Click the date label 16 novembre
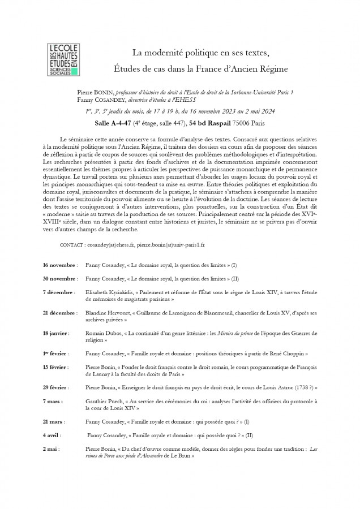(59, 265)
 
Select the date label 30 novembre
(59, 279)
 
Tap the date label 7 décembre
(58, 292)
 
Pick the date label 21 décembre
(59, 313)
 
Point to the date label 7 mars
(53, 401)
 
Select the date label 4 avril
(53, 435)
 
